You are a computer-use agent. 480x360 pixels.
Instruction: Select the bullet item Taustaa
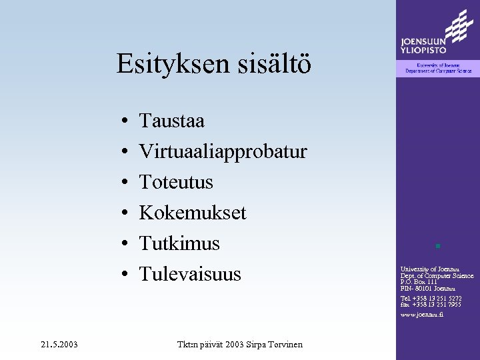(x=171, y=121)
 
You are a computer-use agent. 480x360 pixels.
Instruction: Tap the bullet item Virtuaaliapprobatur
(x=223, y=152)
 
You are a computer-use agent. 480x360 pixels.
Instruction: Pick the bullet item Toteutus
(x=176, y=182)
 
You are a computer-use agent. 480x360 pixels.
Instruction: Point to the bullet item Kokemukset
(x=192, y=213)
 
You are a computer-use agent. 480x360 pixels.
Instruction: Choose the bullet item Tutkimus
(x=179, y=243)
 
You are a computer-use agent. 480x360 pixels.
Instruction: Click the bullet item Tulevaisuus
(x=190, y=274)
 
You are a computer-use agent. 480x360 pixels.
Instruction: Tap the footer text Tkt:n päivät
(x=199, y=345)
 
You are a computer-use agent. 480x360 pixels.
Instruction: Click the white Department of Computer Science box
(x=438, y=68)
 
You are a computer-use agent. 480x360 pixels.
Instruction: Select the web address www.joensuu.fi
(x=421, y=314)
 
